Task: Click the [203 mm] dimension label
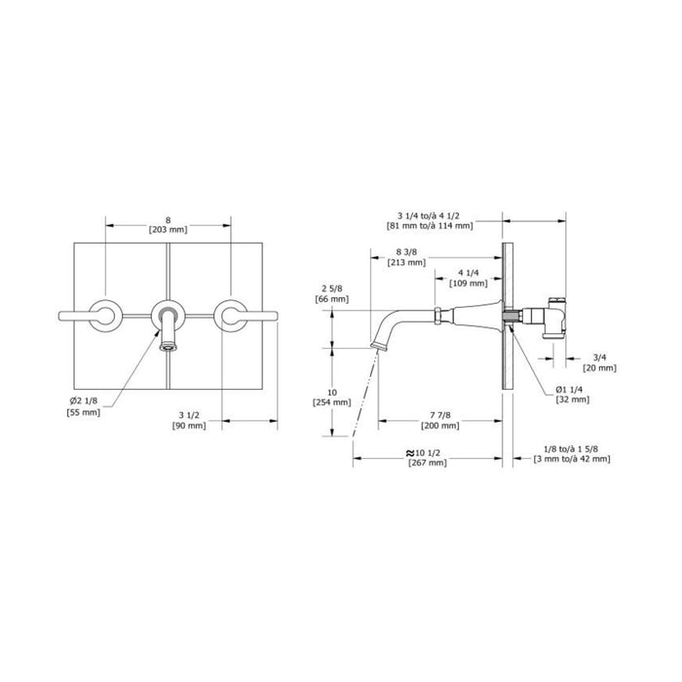coord(168,230)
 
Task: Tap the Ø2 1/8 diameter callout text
coord(84,401)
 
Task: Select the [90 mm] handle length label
coord(189,426)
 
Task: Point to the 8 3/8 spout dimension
coord(406,252)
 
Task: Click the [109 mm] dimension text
coord(469,284)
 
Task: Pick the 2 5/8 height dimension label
coord(332,288)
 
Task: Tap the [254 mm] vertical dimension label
coord(332,402)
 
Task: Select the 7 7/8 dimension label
coord(439,416)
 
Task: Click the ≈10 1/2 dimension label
coord(423,453)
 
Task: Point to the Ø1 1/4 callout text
coord(569,390)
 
